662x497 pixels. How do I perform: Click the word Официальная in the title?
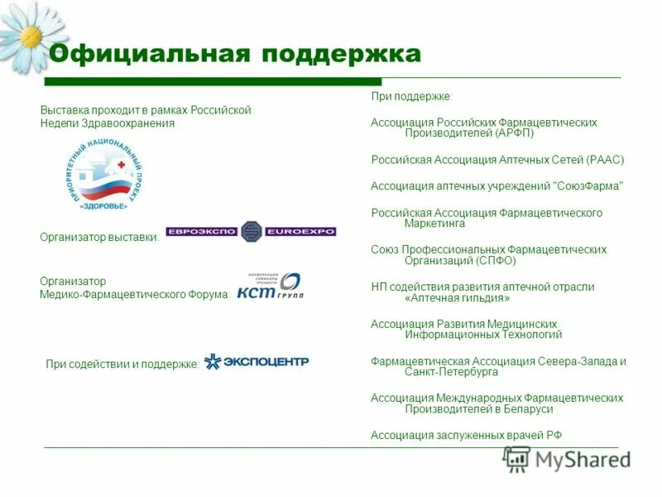[148, 55]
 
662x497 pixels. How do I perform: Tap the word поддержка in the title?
[341, 55]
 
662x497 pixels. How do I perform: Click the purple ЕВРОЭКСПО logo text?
[202, 232]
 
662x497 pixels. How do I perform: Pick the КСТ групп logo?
[269, 287]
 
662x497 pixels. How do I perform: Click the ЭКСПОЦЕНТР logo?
[257, 361]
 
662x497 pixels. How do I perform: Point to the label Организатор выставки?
[99, 238]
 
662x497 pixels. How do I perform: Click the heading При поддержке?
[411, 98]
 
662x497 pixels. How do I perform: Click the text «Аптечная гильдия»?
[458, 297]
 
